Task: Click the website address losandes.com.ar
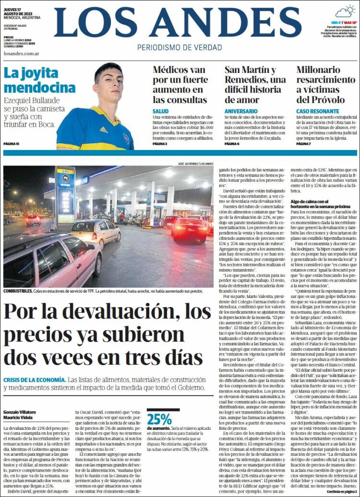(x=21, y=53)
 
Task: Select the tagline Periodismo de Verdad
(x=180, y=47)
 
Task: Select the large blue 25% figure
(x=159, y=419)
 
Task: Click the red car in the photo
(x=190, y=229)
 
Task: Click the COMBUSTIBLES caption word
(x=19, y=291)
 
